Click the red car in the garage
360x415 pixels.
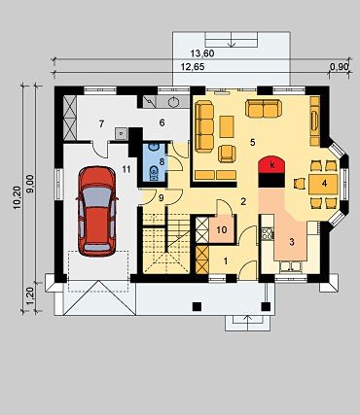pyautogui.click(x=97, y=212)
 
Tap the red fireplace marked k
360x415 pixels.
pyautogui.click(x=272, y=164)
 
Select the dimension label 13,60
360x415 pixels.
pyautogui.click(x=202, y=53)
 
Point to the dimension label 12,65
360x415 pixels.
pyautogui.click(x=193, y=67)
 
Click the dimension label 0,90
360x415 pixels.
pyautogui.click(x=339, y=67)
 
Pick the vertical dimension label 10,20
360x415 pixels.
pyautogui.click(x=18, y=197)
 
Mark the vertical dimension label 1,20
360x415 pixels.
pyautogui.click(x=31, y=297)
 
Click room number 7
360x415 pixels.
pyautogui.click(x=101, y=123)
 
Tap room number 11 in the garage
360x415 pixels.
pyautogui.click(x=126, y=169)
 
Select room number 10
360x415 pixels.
pyautogui.click(x=222, y=230)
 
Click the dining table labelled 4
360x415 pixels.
pyautogui.click(x=323, y=184)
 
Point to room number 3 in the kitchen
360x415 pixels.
pyautogui.click(x=292, y=242)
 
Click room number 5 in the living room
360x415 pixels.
pyautogui.click(x=253, y=142)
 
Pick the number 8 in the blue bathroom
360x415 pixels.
pyautogui.click(x=162, y=160)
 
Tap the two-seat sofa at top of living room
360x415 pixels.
pyautogui.click(x=264, y=108)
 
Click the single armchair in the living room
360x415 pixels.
pyautogui.click(x=227, y=154)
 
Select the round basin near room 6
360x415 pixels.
pyautogui.click(x=173, y=102)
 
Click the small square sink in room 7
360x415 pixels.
pyautogui.click(x=122, y=133)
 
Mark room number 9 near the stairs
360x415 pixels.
pyautogui.click(x=162, y=198)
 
